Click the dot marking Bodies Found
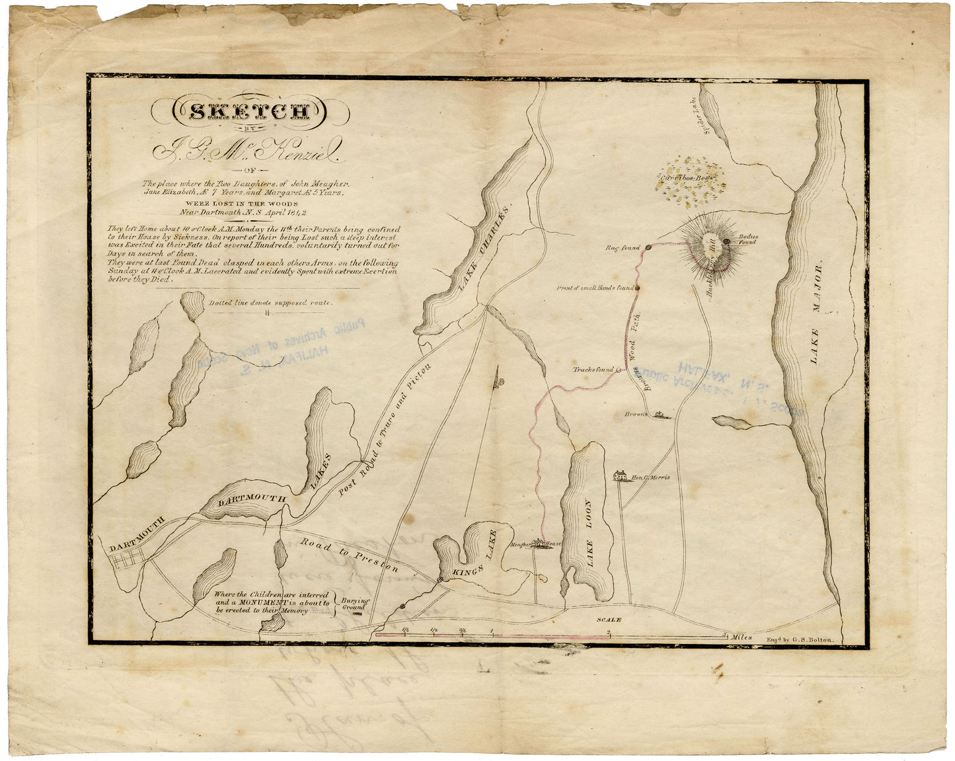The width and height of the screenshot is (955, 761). point(727,242)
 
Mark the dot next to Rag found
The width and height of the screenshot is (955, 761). point(648,247)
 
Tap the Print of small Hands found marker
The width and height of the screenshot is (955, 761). point(637,288)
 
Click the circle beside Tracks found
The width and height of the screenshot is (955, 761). point(619,370)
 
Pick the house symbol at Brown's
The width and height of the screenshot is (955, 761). point(660,415)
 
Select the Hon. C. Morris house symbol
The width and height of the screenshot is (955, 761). point(620,476)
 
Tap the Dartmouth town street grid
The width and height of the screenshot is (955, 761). point(126,561)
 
